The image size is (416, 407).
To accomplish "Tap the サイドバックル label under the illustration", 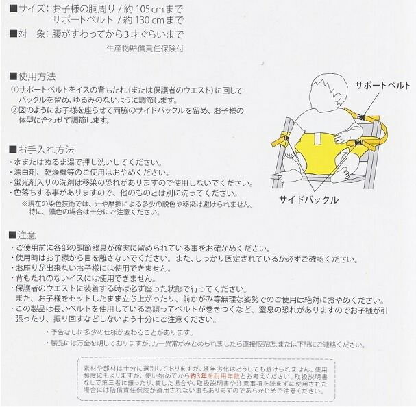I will [308, 199].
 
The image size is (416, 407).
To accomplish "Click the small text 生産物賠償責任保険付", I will [145, 49].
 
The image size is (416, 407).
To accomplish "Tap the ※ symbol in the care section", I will [24, 203].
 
